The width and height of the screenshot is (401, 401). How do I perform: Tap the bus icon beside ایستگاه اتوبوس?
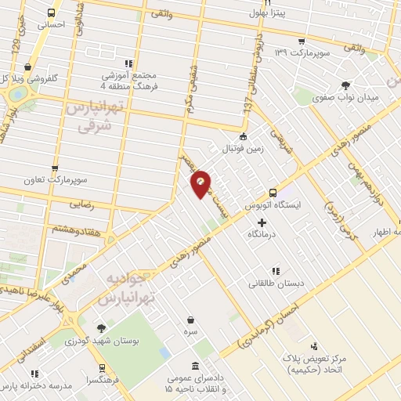coord(273,192)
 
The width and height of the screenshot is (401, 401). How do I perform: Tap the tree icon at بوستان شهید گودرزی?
coord(100,329)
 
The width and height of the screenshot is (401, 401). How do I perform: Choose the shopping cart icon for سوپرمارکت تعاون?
coord(55,168)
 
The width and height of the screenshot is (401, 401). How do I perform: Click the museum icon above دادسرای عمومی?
coord(193,367)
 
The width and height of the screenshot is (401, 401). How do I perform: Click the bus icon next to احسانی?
coord(51,13)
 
